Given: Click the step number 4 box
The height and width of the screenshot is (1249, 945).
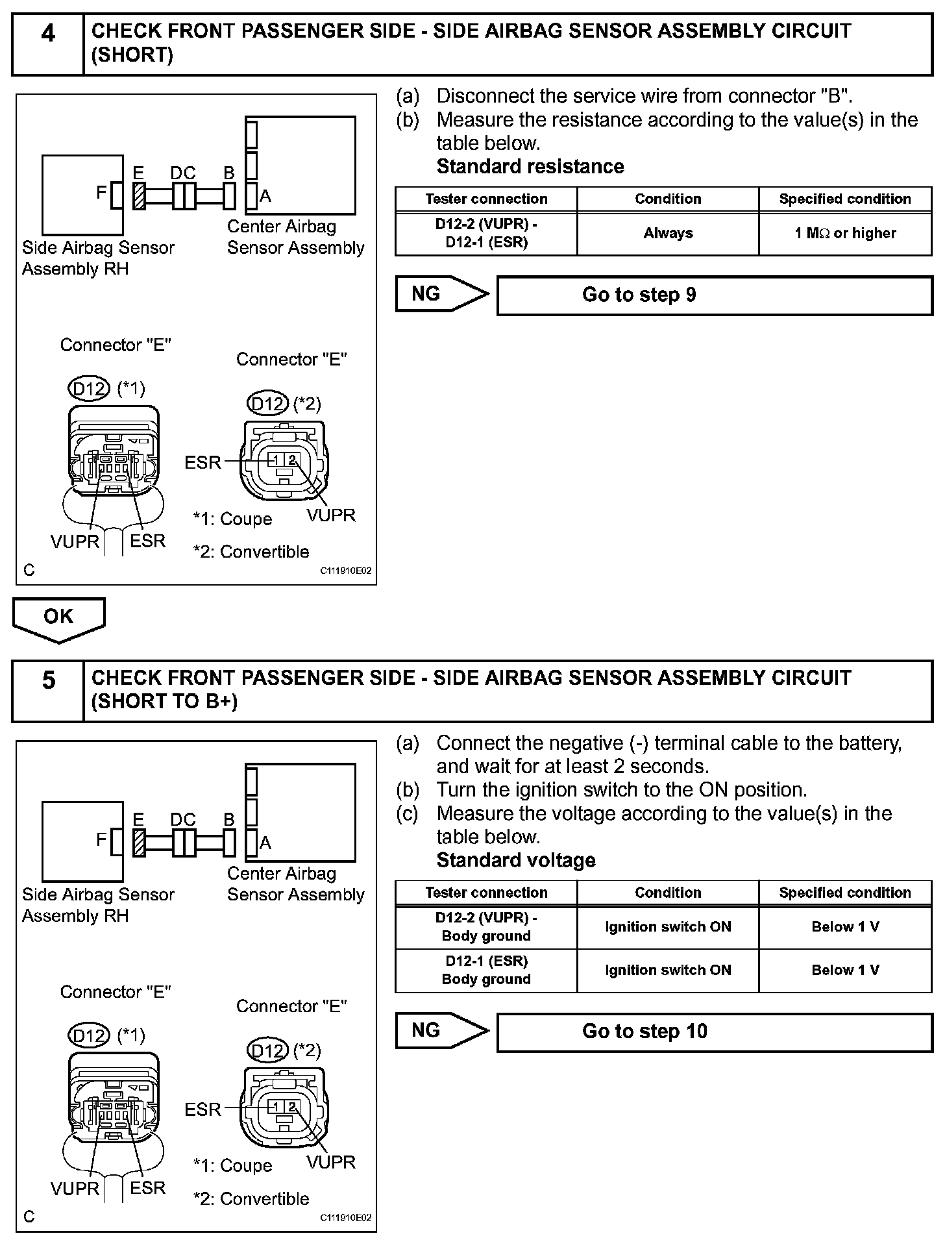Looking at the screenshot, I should tap(48, 44).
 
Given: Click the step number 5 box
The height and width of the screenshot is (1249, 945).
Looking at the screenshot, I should tap(48, 691).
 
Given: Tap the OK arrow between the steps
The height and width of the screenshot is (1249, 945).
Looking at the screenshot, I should tap(58, 618).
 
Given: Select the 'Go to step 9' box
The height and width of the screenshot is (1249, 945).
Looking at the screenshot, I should tap(714, 295).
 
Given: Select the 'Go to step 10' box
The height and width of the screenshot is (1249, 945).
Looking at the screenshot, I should tap(714, 1032).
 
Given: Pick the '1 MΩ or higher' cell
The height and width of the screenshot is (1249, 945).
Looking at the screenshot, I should tap(845, 233).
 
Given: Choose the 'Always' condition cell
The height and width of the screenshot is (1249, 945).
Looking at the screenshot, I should tap(668, 233).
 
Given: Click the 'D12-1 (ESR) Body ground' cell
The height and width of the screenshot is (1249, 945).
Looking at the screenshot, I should tap(486, 970).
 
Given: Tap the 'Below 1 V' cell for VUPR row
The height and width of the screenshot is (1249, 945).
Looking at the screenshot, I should tap(845, 926).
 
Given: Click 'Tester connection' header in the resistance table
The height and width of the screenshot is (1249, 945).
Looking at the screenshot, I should tap(486, 199).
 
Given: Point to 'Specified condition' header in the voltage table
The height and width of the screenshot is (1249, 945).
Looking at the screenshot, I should tap(845, 892).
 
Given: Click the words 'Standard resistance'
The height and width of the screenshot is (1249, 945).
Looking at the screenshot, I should tap(530, 167).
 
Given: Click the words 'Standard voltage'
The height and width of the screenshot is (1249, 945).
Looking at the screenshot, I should tap(515, 860).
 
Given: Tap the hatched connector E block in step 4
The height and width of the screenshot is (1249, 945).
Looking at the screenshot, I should tap(139, 195).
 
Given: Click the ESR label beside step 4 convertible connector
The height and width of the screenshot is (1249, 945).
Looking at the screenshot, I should tap(202, 462).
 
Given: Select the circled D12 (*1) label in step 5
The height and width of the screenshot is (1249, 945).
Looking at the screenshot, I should tap(89, 1035).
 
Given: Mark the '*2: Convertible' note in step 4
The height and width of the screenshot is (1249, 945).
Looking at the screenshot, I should tap(251, 552).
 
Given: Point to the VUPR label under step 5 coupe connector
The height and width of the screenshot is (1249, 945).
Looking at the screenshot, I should tap(75, 1188).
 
